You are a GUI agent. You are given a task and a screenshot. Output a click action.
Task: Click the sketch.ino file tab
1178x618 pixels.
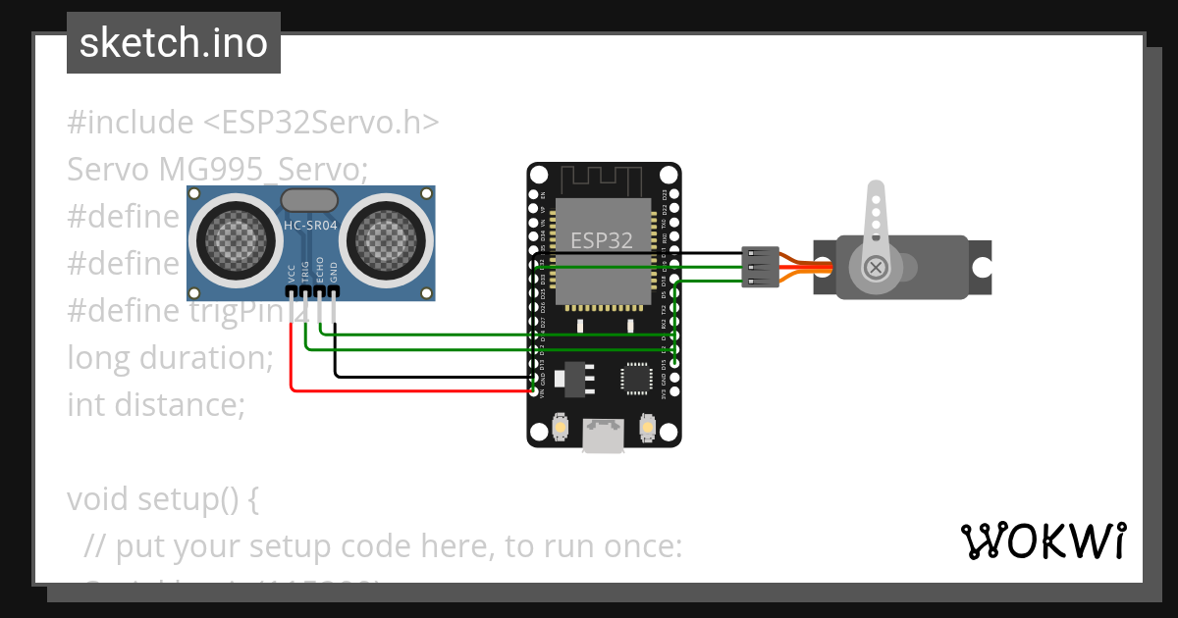point(173,43)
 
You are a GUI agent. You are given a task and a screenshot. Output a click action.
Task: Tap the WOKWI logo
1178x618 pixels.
point(1043,541)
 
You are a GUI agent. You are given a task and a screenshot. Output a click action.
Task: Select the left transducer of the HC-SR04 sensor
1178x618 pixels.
point(233,237)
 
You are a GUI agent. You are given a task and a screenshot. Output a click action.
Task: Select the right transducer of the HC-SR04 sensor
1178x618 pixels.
point(390,237)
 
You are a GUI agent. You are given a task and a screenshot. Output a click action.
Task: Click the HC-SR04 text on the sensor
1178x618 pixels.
point(310,227)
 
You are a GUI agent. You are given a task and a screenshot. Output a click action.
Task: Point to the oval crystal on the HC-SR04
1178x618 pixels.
point(310,200)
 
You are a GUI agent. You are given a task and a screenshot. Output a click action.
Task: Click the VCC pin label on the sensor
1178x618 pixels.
point(292,273)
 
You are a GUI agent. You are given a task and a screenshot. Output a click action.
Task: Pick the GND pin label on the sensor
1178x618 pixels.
point(335,273)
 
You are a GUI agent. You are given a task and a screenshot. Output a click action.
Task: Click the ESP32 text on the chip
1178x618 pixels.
point(602,240)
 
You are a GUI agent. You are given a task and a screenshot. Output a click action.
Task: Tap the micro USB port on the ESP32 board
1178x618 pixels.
point(602,435)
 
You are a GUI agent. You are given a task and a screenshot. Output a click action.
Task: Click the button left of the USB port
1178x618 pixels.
point(558,428)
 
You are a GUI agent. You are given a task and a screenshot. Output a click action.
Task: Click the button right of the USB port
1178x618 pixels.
point(647,428)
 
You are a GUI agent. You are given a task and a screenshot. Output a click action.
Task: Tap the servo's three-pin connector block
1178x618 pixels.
point(760,267)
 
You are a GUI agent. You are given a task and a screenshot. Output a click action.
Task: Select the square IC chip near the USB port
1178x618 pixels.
point(635,379)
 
